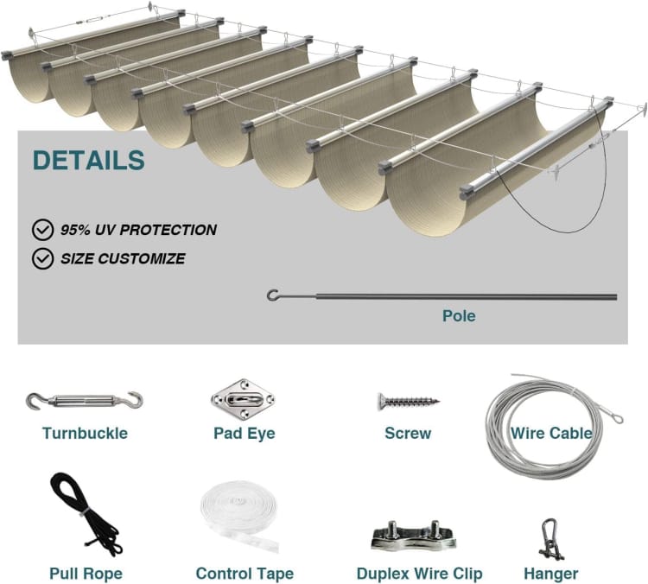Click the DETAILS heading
point(89,160)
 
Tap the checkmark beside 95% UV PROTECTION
point(42,230)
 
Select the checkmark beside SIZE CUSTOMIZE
point(42,258)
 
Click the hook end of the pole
point(273,295)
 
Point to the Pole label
point(459,316)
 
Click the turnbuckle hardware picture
point(85,401)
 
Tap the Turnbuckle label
point(86,433)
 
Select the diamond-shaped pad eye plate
point(243,399)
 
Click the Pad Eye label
point(245,433)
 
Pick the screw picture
point(409,401)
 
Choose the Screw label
point(408,433)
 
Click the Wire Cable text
point(551,433)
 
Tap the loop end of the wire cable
point(617,419)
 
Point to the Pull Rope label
point(86,574)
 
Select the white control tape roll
point(239,516)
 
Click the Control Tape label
point(245,574)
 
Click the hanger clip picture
point(551,539)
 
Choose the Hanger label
point(551,574)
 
